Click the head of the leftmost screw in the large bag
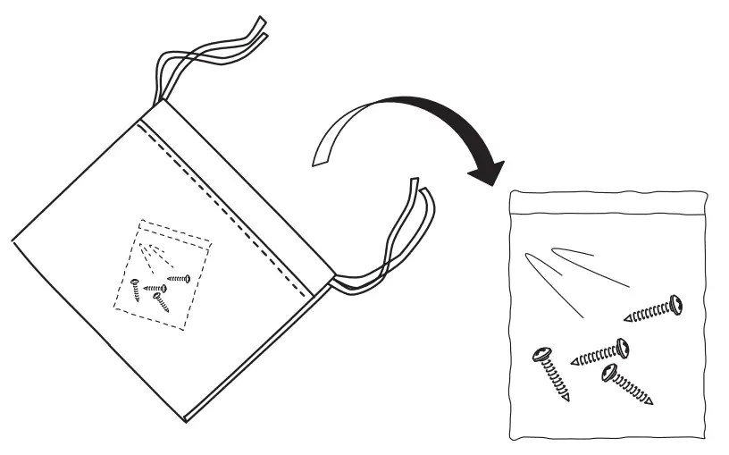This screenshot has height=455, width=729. coord(541,355)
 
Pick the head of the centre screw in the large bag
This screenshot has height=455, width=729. coord(622,347)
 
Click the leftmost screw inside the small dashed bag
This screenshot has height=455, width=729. coord(135,291)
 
